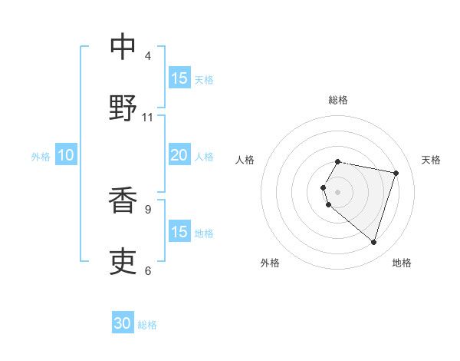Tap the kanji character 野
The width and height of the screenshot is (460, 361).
click(123, 108)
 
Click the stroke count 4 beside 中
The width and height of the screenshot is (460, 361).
click(148, 56)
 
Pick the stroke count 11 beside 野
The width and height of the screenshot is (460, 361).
click(148, 118)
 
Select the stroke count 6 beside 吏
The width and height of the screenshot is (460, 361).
click(148, 270)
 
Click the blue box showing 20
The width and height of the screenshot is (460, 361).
click(179, 155)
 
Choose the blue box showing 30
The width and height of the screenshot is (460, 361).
click(123, 324)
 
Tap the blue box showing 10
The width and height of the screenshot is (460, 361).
click(66, 155)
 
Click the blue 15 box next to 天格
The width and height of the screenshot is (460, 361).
click(179, 78)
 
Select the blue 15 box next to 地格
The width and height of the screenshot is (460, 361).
click(179, 232)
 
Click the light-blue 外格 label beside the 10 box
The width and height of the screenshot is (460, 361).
click(41, 156)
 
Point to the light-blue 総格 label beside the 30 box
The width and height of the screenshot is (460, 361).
click(147, 325)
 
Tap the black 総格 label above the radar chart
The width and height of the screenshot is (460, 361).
click(338, 100)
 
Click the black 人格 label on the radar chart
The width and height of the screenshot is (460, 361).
click(245, 160)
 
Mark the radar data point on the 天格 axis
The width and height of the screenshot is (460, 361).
click(396, 173)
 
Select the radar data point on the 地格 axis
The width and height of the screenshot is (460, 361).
click(373, 243)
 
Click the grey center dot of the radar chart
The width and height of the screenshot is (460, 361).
click(338, 192)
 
